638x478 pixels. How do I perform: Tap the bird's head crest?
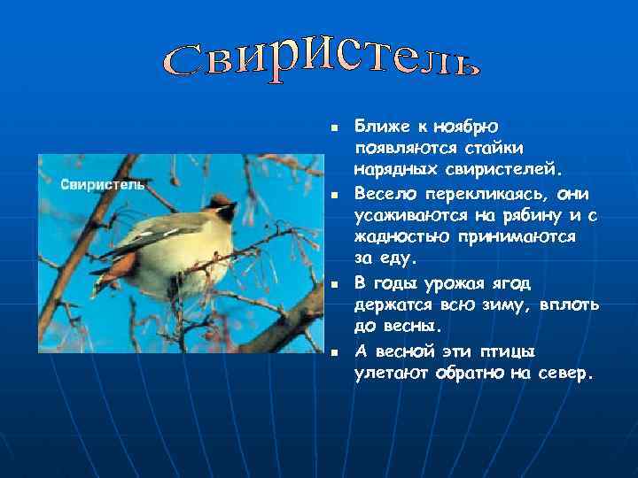(215, 201)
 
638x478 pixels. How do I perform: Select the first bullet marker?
(334, 129)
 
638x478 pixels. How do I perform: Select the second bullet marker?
(334, 196)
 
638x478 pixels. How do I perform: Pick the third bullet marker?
(334, 285)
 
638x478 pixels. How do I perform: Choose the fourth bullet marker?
(334, 352)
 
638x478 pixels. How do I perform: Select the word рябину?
(520, 215)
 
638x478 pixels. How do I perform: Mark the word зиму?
(499, 305)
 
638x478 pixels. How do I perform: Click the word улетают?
(393, 373)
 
